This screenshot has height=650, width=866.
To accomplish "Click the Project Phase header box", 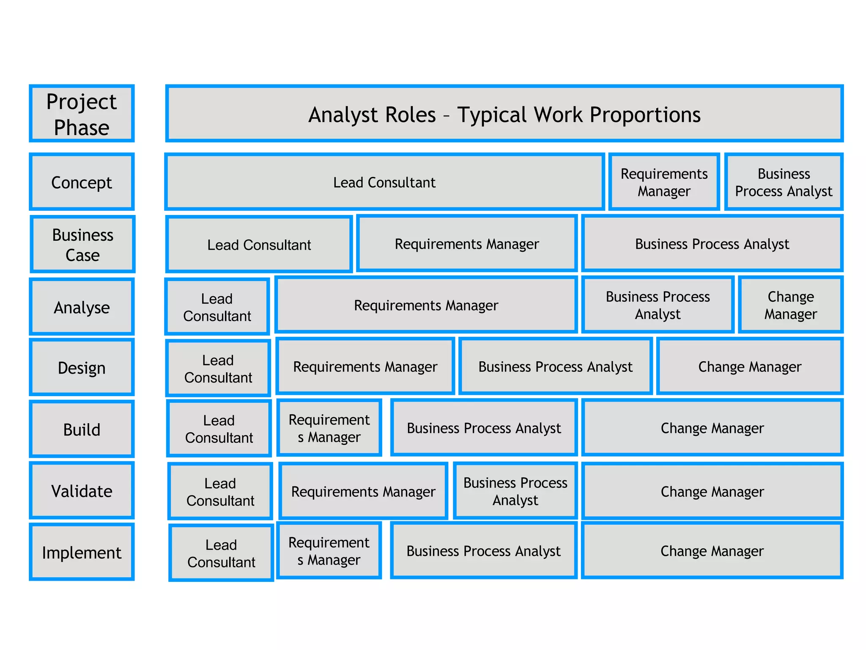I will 82,113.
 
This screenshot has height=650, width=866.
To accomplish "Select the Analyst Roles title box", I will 504,113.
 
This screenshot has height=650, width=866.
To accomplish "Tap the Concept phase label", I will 82,182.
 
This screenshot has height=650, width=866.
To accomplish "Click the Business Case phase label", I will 82,244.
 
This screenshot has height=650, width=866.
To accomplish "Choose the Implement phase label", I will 82,552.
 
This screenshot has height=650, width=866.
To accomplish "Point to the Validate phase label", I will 82,490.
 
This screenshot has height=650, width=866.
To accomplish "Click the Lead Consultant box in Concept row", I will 384,182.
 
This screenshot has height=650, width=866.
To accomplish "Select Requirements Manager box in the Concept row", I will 664,182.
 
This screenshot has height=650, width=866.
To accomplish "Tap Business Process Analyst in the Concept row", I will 784,182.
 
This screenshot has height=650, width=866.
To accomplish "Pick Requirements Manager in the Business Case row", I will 467,244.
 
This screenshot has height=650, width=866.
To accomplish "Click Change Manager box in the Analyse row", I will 790,305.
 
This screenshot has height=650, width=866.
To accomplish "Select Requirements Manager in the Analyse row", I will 426,305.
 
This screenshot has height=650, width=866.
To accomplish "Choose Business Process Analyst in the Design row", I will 555,366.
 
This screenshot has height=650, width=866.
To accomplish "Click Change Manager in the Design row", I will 749,366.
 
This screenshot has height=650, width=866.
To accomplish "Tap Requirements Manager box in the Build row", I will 329,428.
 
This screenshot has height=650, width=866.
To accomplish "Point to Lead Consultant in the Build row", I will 219,428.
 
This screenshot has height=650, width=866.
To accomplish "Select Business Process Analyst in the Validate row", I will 515,491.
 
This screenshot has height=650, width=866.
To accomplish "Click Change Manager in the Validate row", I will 712,491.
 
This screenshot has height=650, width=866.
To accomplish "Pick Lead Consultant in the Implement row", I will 221,553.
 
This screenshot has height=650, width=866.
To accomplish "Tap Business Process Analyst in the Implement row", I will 483,551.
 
